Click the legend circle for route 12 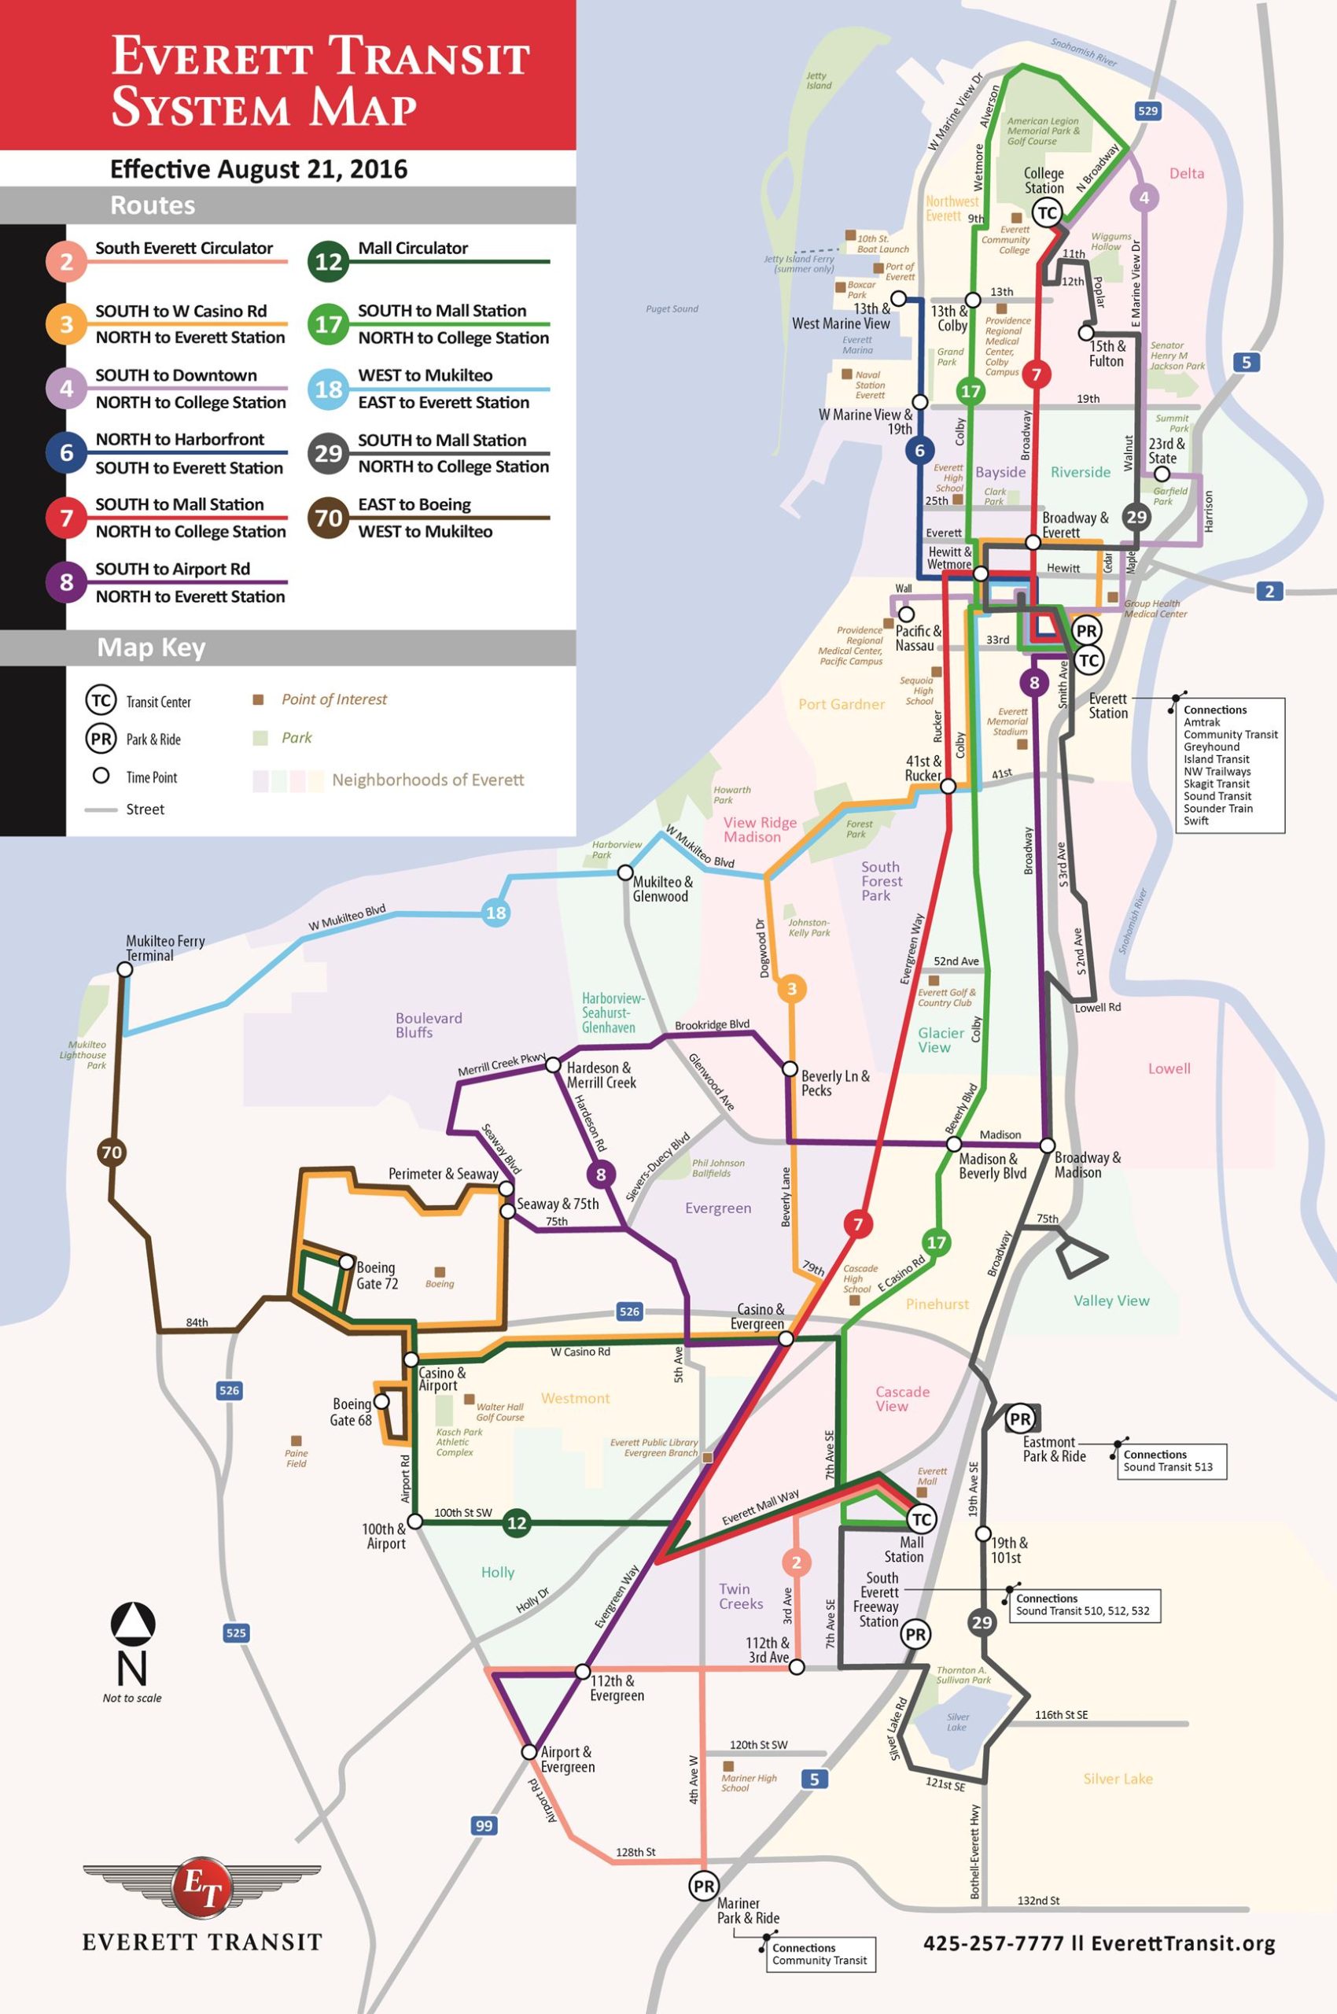328,261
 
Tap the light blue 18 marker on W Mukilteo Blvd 495,913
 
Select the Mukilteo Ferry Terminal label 165,948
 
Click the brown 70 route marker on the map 112,1153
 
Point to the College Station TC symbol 1046,213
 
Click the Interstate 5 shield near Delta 1246,363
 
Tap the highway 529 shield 1147,111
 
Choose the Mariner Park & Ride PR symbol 703,1886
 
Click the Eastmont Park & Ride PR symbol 1020,1419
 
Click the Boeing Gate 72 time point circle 346,1262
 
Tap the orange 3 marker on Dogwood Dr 791,990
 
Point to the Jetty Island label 819,80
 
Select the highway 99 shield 484,1825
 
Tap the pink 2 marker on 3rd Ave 797,1562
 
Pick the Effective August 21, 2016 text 259,169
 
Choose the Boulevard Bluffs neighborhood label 428,1024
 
